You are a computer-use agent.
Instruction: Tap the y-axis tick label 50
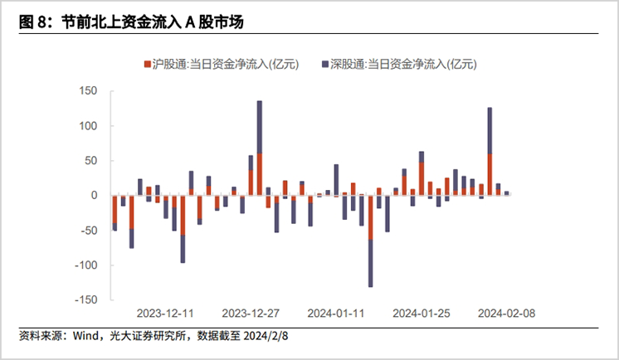[92, 161]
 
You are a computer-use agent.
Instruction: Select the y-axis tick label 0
[95, 196]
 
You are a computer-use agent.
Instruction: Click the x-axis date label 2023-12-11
[165, 314]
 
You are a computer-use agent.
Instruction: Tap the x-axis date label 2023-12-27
[251, 314]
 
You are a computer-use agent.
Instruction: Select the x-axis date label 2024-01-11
[336, 314]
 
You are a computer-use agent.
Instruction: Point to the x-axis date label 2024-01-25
[422, 314]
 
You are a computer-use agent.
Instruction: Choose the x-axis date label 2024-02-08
[507, 314]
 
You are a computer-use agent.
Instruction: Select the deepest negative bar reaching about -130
[370, 241]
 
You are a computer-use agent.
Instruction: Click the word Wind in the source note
[85, 337]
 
